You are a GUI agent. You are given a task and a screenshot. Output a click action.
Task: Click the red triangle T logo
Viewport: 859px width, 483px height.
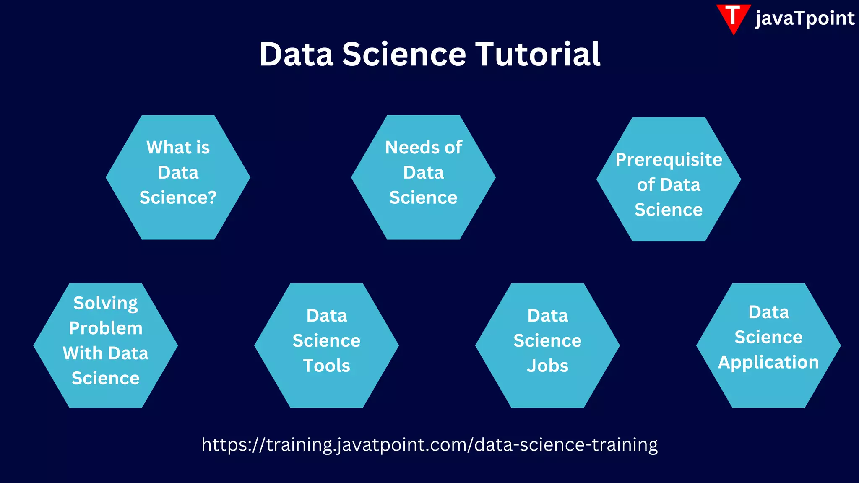[733, 18]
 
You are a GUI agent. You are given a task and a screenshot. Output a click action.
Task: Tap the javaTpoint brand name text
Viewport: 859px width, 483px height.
[804, 18]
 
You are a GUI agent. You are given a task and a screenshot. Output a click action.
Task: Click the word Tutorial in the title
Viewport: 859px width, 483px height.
[538, 55]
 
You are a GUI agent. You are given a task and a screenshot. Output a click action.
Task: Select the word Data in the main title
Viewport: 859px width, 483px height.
[296, 55]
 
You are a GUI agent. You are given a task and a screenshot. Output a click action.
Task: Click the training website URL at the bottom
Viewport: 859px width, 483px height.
[429, 444]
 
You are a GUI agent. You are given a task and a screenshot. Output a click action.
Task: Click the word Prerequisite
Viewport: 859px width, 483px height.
[669, 160]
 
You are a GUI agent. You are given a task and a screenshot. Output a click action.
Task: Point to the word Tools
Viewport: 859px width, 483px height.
[326, 366]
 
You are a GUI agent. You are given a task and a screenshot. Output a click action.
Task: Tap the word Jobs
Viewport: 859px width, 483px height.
[547, 366]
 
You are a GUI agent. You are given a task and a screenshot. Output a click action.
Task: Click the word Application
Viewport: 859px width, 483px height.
[768, 362]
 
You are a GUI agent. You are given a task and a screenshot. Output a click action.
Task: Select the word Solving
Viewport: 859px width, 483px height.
[106, 303]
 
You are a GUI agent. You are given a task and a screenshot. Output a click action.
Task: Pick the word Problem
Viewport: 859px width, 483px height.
[106, 328]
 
